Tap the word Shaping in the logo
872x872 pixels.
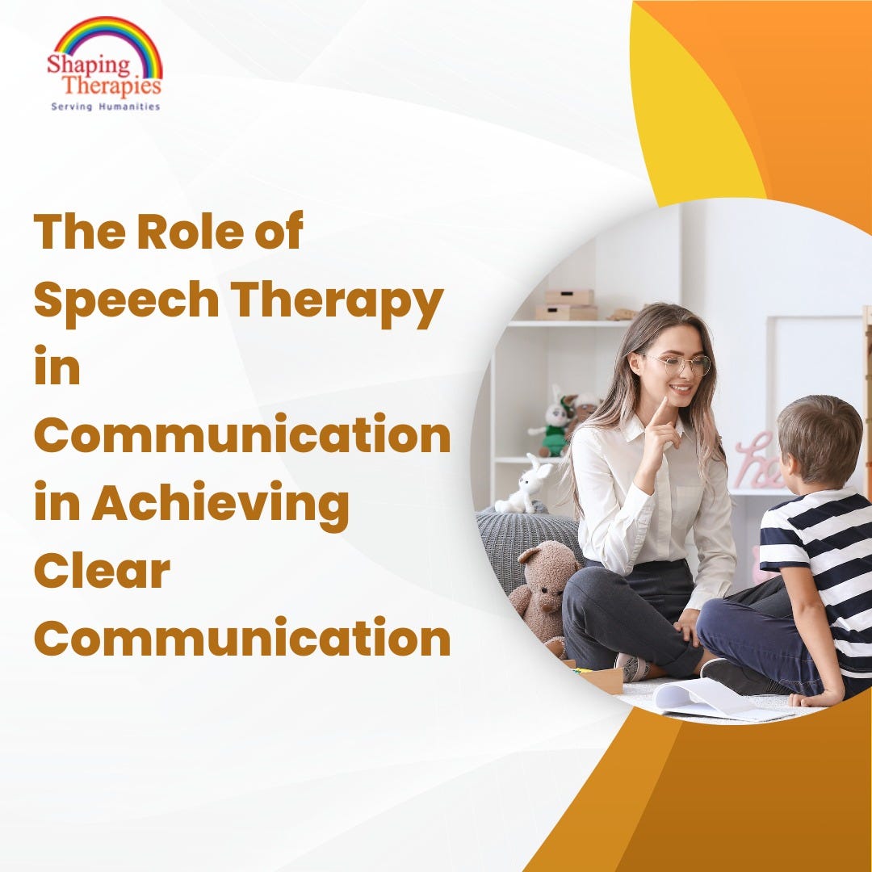point(77,65)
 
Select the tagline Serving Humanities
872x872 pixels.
point(105,106)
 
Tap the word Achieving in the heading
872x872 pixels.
point(220,504)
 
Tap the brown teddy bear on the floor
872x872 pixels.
point(543,585)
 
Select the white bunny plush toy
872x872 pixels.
point(525,485)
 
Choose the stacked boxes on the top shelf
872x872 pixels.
point(568,304)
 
